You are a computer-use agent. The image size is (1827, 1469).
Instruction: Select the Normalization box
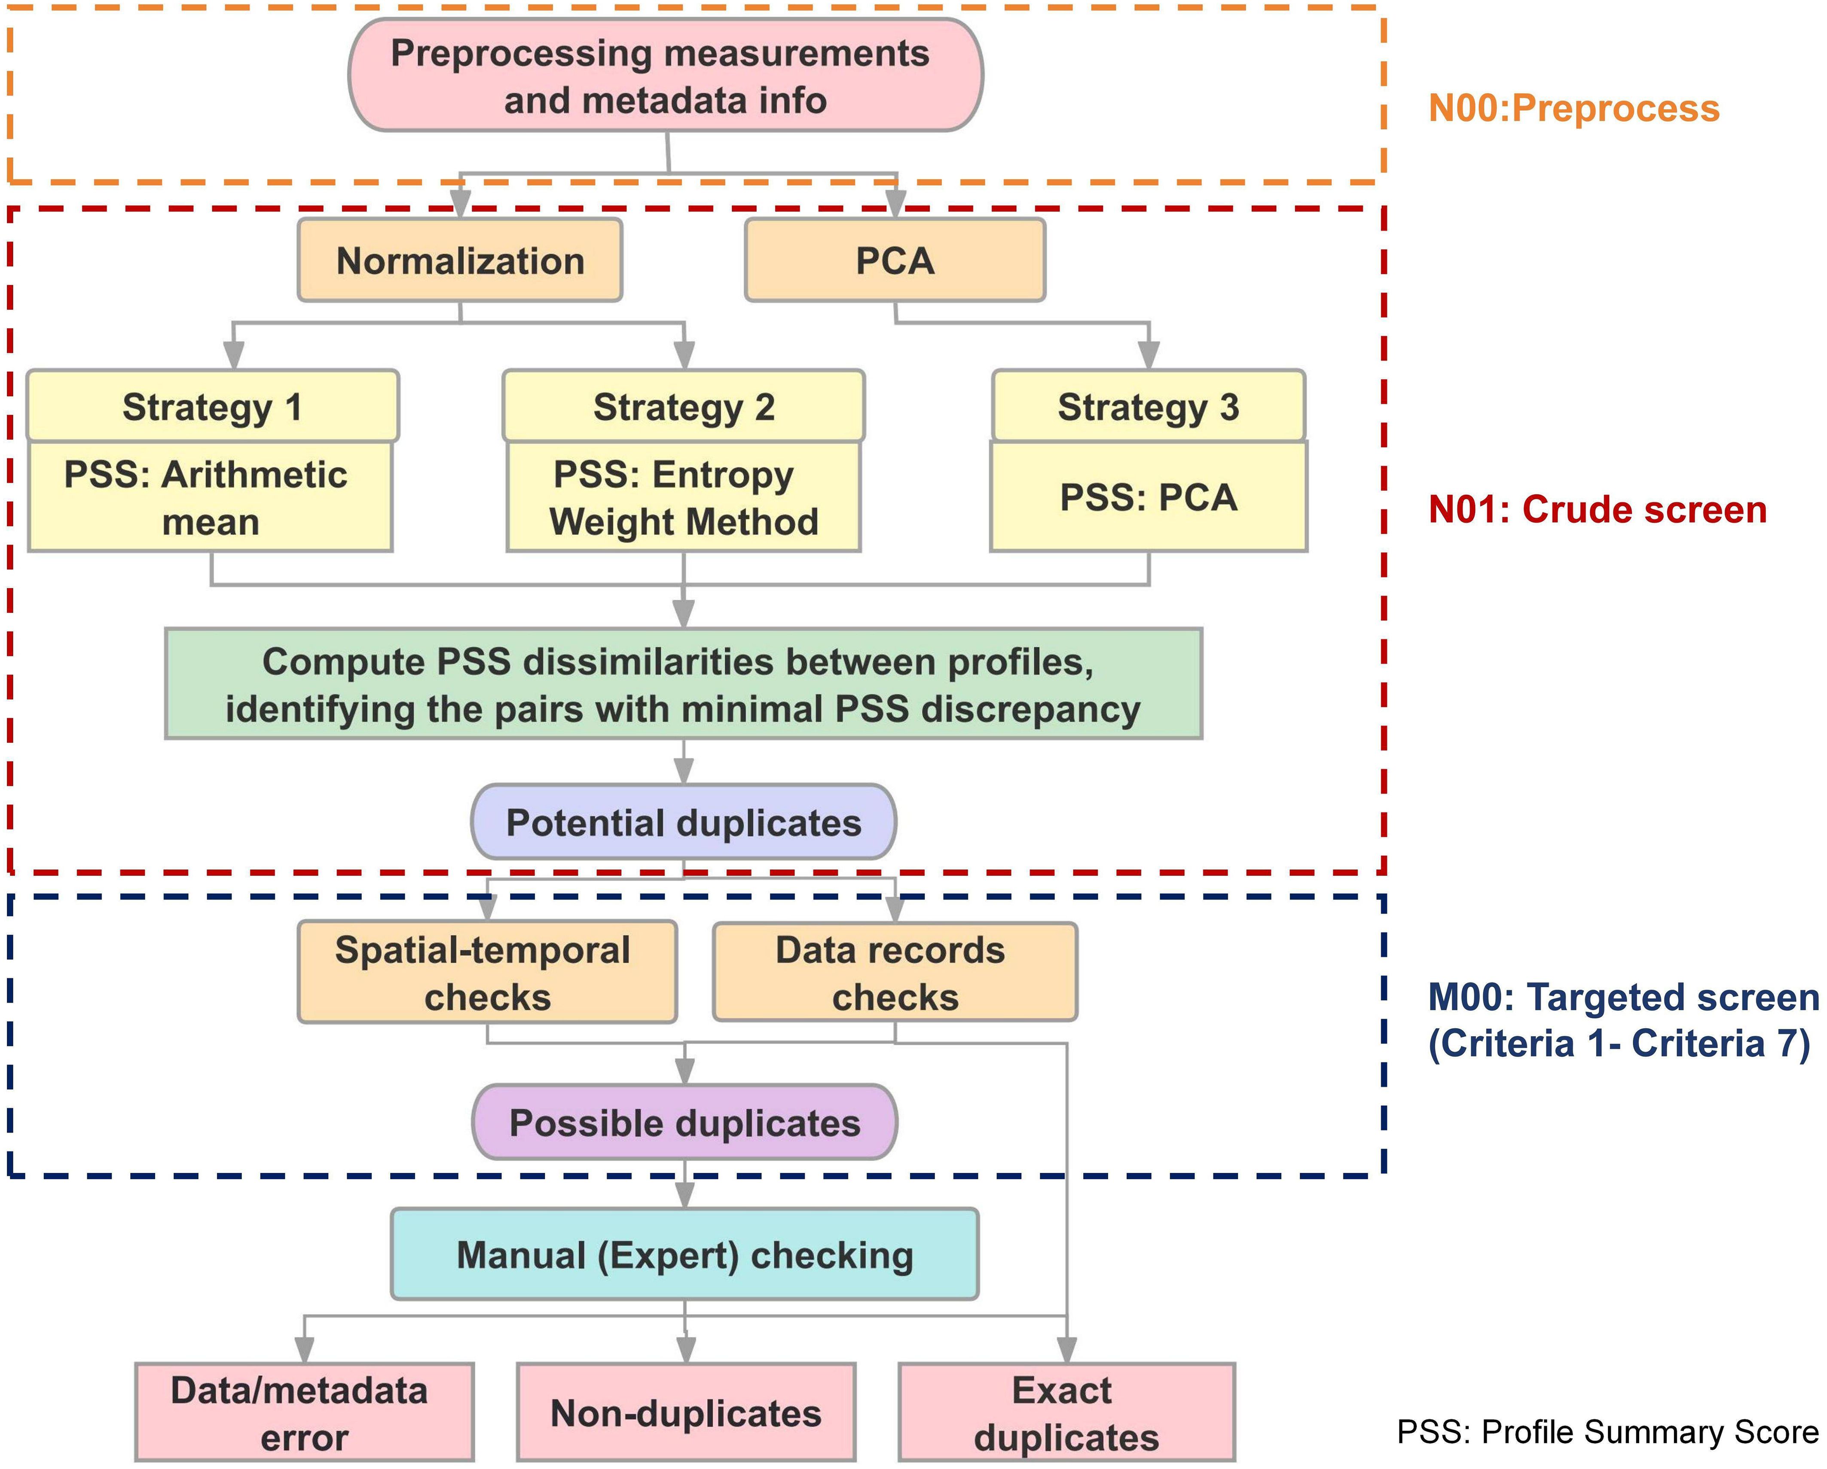tap(460, 260)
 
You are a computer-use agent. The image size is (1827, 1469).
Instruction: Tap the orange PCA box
tap(895, 260)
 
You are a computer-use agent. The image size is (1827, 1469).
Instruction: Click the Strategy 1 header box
tap(213, 406)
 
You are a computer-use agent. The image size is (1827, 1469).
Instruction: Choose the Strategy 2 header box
tap(684, 406)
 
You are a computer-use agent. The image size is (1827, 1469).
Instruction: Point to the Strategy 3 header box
tap(1149, 406)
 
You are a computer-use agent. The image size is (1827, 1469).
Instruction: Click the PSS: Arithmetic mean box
tap(210, 497)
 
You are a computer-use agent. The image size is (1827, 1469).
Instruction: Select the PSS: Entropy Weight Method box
tap(684, 497)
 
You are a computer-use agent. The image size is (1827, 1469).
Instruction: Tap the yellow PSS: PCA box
tap(1149, 497)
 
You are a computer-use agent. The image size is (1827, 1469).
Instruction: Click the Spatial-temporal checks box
tap(487, 972)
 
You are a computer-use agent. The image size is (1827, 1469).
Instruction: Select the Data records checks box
tap(895, 972)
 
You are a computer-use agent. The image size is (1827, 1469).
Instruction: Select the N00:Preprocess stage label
tap(1574, 108)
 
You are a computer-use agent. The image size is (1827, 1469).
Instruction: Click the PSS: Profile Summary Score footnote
tap(1607, 1432)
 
